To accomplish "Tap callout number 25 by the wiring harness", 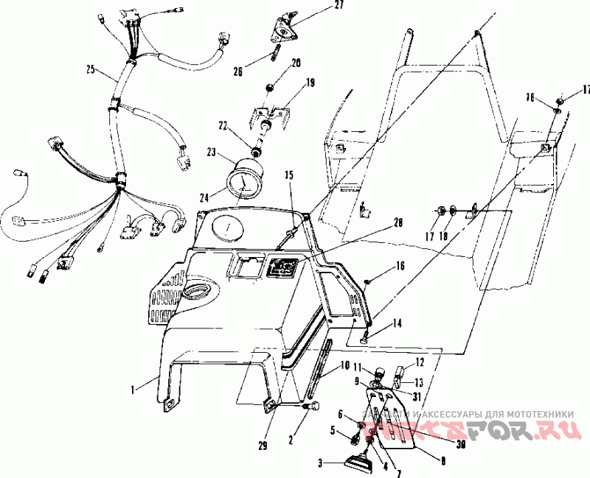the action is click(90, 70).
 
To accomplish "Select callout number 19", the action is click(309, 83).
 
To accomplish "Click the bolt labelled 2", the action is click(308, 405).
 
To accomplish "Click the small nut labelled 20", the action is click(271, 88).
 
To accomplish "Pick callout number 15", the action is click(289, 175).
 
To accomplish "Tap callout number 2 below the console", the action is click(291, 439).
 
